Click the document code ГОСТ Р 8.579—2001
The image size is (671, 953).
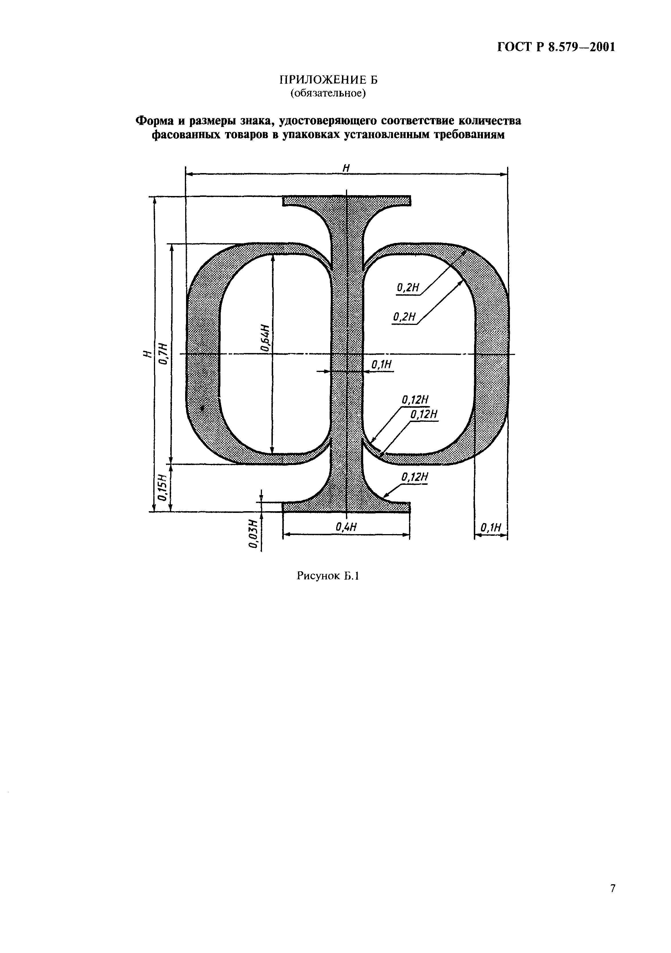pyautogui.click(x=555, y=47)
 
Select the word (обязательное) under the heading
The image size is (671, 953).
pyautogui.click(x=328, y=93)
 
